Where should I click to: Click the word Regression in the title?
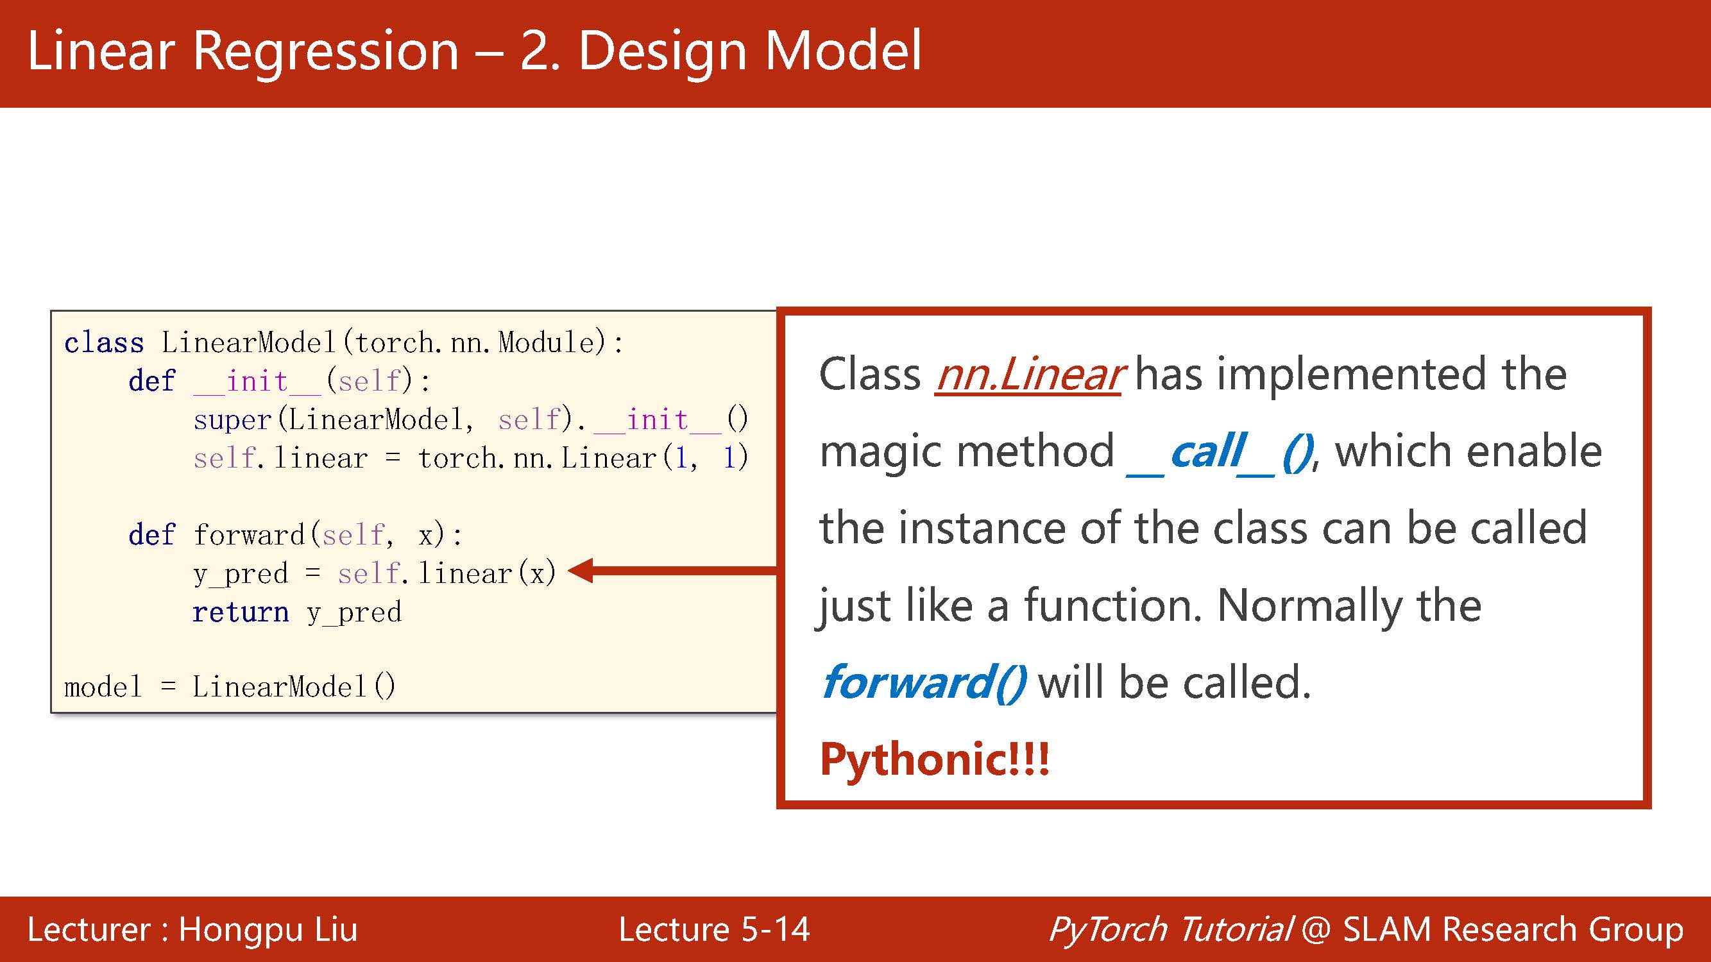[x=325, y=52]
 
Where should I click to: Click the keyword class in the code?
[x=104, y=343]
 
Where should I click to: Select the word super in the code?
[x=232, y=420]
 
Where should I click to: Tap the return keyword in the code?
[x=241, y=612]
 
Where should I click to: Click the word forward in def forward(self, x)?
[x=249, y=535]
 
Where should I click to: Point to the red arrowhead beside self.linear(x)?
[x=582, y=571]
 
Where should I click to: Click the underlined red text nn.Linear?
[x=1028, y=375]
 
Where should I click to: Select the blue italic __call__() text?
[x=1220, y=452]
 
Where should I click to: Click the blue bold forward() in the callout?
[x=923, y=682]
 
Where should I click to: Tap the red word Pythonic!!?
[x=934, y=759]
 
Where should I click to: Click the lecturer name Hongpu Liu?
[x=268, y=929]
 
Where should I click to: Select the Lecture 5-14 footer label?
[x=714, y=929]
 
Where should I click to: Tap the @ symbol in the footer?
[x=1316, y=929]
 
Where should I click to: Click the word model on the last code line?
[x=103, y=687]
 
